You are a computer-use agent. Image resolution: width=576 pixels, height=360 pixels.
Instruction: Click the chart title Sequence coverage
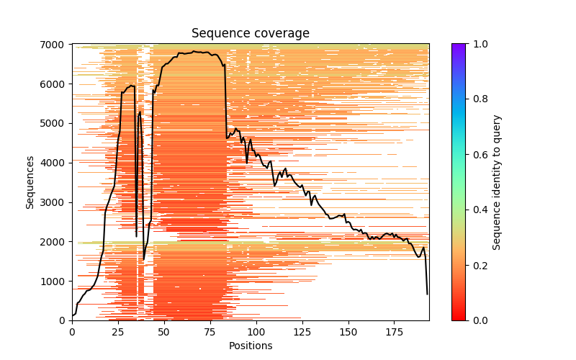point(250,34)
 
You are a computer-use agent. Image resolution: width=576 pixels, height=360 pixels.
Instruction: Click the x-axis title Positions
point(250,346)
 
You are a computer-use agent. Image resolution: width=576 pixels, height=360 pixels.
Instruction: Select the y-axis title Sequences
point(30,182)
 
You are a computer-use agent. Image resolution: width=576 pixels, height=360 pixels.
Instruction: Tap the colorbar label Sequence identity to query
point(497,182)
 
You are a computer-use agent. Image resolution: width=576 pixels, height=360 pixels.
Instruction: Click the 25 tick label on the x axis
point(118,332)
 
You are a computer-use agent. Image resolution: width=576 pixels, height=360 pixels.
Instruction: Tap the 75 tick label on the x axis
point(210,332)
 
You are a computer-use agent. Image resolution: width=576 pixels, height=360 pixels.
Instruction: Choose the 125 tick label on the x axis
point(302,332)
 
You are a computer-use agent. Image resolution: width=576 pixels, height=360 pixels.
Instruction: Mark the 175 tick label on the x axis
point(395,332)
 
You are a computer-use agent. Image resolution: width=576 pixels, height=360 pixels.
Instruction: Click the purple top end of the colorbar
point(458,46)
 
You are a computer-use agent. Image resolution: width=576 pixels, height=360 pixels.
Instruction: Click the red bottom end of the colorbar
point(458,318)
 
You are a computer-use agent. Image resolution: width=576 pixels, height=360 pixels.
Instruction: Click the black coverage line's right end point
point(427,294)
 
